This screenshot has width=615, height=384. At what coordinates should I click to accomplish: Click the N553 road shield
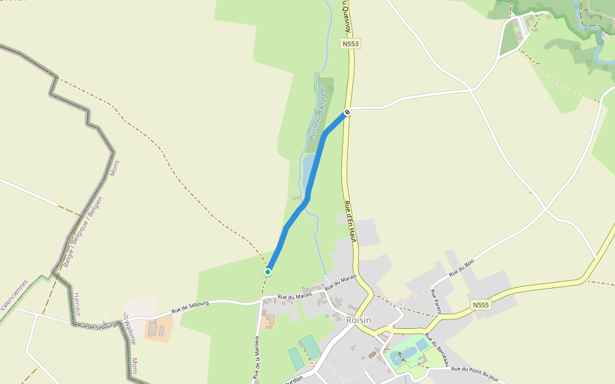point(350,44)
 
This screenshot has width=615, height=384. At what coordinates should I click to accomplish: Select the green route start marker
point(268,272)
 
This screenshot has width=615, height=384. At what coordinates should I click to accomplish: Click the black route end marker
point(347,112)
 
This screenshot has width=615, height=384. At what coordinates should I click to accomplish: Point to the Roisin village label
point(358,320)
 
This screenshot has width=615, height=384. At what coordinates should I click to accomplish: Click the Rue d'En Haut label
point(349,221)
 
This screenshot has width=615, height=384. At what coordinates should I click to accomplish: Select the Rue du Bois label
point(461,268)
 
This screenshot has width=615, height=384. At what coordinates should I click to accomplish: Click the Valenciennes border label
point(14,295)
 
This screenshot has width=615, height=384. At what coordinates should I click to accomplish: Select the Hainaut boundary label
point(76,304)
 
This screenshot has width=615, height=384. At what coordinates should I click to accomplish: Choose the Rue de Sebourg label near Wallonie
point(97,325)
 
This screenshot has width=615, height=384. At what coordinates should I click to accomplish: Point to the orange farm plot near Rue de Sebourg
point(158,328)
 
